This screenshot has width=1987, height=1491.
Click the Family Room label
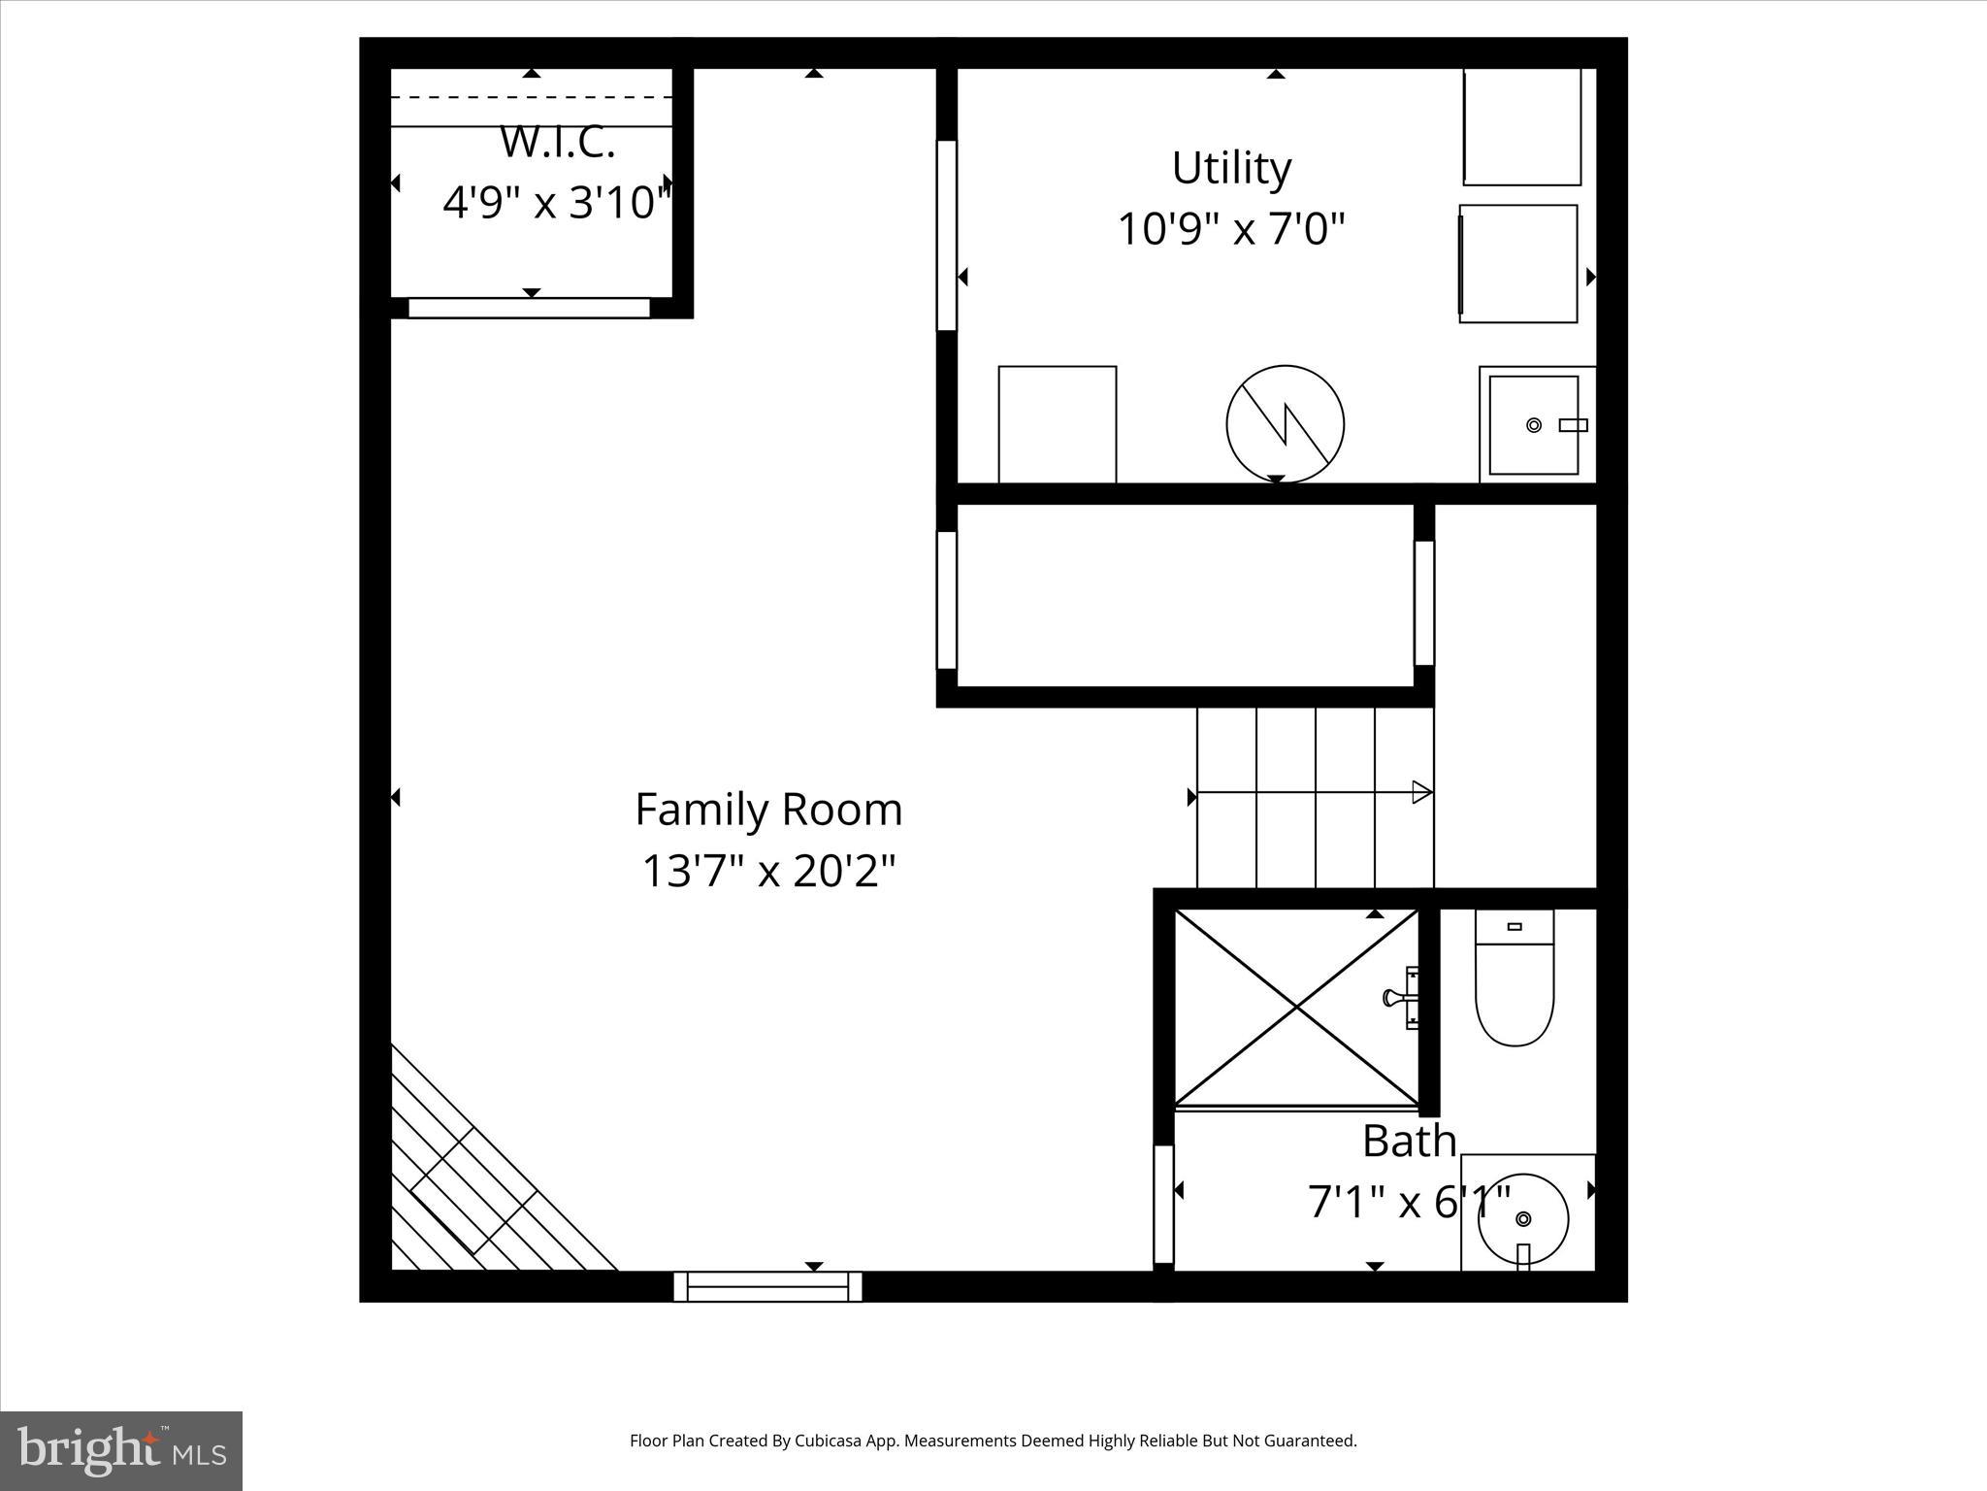click(x=768, y=810)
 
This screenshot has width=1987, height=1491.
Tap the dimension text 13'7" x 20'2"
click(x=768, y=871)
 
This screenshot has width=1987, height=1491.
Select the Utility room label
click(x=1231, y=168)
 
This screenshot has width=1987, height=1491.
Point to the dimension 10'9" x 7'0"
click(x=1231, y=230)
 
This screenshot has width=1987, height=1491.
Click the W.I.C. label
click(x=557, y=143)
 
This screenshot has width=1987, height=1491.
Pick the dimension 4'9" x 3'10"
click(x=557, y=204)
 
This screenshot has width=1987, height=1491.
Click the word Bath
click(x=1409, y=1141)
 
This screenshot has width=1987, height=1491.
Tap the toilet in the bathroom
click(x=1515, y=980)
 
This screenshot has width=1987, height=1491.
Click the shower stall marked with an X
click(x=1297, y=1008)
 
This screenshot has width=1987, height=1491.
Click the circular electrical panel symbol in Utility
click(x=1285, y=424)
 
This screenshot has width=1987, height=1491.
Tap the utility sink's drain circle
click(x=1534, y=425)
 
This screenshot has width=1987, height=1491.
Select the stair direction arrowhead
click(x=1421, y=792)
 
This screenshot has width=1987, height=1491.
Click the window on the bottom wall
click(x=767, y=1286)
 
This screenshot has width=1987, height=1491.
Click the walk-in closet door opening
click(x=529, y=308)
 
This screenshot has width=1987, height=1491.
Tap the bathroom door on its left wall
click(x=1163, y=1204)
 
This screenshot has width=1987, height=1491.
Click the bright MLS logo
click(x=121, y=1450)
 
